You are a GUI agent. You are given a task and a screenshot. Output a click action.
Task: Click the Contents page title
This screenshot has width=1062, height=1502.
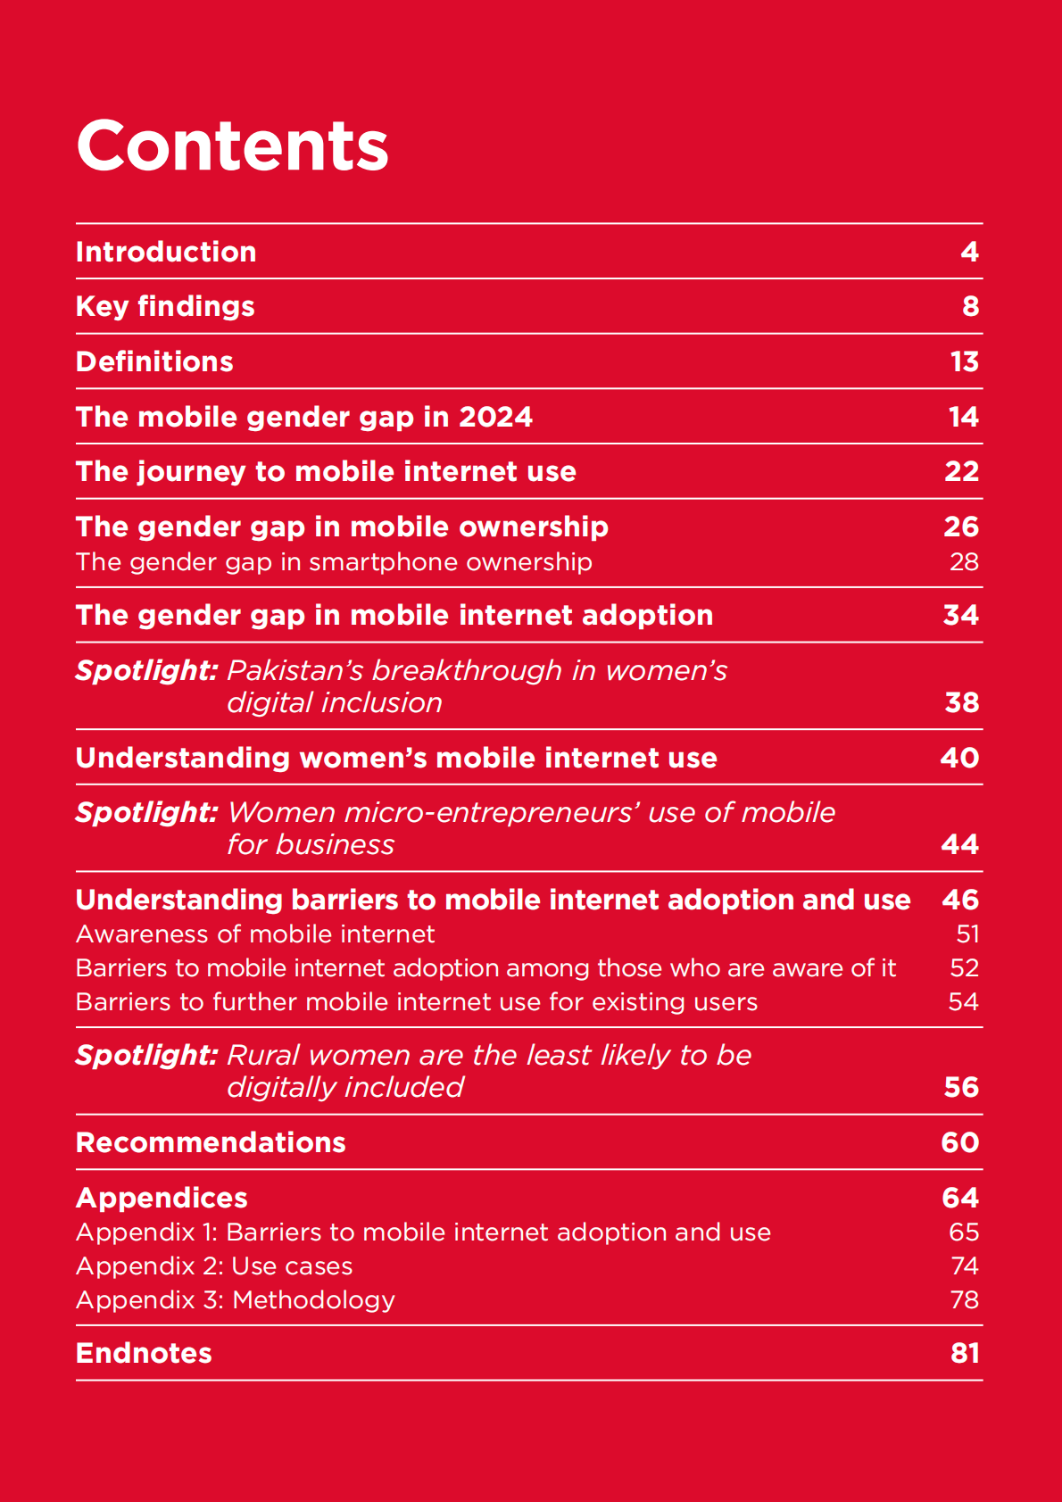232,145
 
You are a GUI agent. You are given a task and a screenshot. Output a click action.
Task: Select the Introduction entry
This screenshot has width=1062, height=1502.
166,252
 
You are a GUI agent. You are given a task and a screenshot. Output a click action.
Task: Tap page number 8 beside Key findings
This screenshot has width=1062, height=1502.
970,307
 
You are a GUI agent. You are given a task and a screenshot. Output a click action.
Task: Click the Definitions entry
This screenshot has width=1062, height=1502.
154,361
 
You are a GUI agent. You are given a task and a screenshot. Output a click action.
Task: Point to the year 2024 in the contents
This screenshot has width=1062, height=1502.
495,417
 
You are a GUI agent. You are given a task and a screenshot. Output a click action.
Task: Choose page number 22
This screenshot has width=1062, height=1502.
961,471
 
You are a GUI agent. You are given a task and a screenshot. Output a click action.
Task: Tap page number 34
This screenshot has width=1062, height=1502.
960,615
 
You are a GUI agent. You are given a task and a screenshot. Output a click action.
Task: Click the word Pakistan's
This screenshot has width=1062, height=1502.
295,670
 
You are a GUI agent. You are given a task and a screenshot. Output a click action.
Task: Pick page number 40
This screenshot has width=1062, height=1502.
959,758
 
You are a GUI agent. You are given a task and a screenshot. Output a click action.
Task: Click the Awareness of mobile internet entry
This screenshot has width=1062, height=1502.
255,934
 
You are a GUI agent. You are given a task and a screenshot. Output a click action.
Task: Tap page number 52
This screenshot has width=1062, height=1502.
964,968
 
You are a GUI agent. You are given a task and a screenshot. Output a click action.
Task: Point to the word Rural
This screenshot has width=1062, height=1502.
262,1055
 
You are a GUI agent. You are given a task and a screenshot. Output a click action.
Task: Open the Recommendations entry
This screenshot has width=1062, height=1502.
211,1142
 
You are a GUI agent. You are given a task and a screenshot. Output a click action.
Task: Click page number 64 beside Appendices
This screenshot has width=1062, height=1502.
960,1198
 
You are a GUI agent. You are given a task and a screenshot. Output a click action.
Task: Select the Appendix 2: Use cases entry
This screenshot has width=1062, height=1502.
214,1266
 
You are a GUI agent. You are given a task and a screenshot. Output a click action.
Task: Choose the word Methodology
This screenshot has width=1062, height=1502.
313,1300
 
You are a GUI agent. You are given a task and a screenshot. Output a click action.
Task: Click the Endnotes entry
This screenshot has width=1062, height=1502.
144,1353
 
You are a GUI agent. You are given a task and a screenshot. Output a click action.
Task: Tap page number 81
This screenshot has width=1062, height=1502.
965,1353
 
